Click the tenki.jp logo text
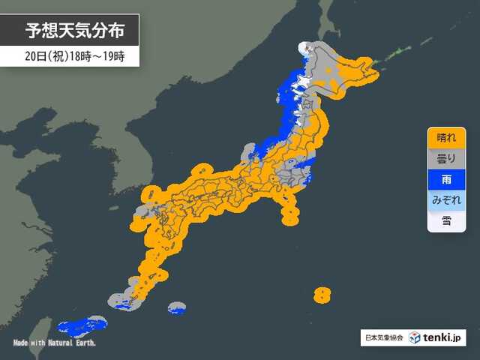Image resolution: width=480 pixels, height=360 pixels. click(x=447, y=338)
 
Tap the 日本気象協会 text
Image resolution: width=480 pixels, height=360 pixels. click(x=382, y=338)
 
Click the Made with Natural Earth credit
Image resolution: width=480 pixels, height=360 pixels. click(x=55, y=343)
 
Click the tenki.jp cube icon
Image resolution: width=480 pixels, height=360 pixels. click(x=415, y=338)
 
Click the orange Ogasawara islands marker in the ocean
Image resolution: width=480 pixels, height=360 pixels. click(x=322, y=293)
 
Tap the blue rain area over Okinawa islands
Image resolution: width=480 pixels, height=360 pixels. click(x=79, y=325)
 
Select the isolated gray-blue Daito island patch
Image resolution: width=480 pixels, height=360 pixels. click(x=177, y=307)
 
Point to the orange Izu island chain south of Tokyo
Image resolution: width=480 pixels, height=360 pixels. click(x=289, y=210)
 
